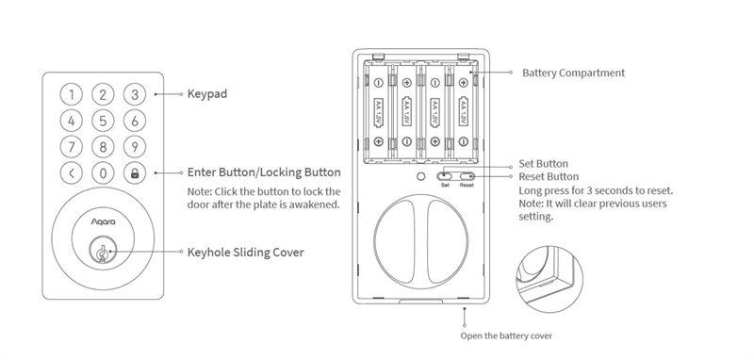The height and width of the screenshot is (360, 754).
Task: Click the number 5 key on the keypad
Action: click(x=103, y=121)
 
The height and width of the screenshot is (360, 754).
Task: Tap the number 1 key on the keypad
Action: click(x=72, y=94)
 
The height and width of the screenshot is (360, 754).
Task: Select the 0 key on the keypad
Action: click(x=103, y=173)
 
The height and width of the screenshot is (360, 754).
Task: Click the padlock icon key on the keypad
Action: click(x=135, y=173)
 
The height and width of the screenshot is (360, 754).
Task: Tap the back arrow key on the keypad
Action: click(x=72, y=173)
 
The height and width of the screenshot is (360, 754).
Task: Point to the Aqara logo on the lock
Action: click(x=104, y=221)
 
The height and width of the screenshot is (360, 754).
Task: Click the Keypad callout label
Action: click(x=206, y=94)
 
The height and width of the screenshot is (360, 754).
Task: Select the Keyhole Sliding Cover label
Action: click(x=245, y=253)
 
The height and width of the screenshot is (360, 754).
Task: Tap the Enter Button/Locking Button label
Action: click(x=264, y=172)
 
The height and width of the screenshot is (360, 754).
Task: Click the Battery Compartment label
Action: click(x=574, y=74)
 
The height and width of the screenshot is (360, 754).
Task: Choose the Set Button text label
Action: click(x=543, y=164)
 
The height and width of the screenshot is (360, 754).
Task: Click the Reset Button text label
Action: click(x=549, y=177)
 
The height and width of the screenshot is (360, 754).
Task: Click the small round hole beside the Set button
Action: click(x=420, y=176)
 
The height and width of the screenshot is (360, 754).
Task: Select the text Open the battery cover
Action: click(x=506, y=335)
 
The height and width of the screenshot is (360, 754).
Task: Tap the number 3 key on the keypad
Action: click(x=135, y=94)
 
